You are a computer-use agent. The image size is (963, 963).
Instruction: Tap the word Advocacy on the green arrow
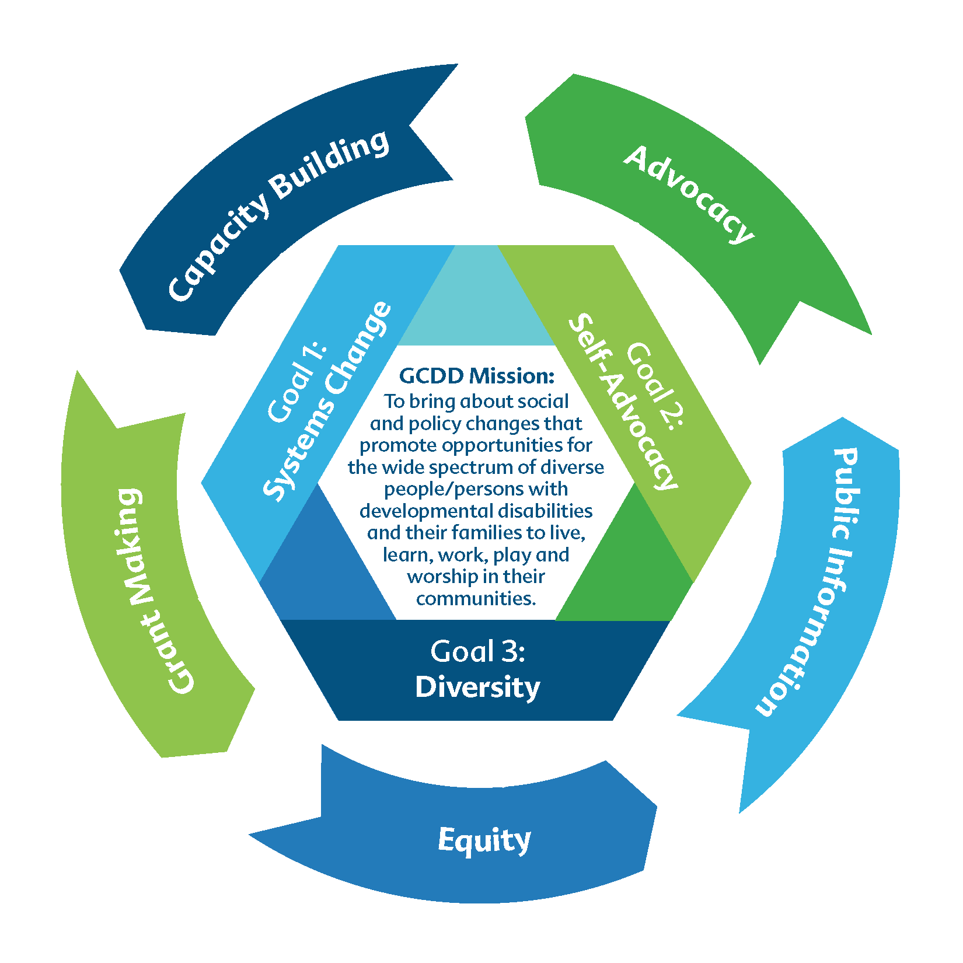coord(689,194)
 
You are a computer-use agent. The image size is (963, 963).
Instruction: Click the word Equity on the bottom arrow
coord(484,841)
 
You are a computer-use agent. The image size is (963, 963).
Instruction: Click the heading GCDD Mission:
coord(476,376)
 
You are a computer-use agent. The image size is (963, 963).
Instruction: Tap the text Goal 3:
coord(477,651)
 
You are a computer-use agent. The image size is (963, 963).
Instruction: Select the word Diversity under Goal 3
coord(477,688)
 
